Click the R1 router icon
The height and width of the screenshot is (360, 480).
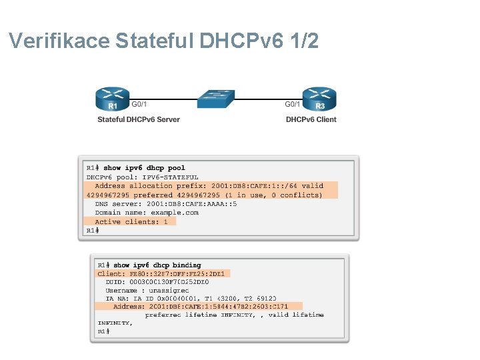point(113,99)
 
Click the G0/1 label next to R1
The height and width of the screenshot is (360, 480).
point(139,104)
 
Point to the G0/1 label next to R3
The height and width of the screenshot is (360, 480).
point(293,104)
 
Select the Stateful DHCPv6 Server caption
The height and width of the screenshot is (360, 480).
point(139,120)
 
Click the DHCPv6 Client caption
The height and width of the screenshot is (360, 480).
point(311,120)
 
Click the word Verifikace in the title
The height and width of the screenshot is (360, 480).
point(59,41)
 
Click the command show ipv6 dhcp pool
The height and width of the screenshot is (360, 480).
point(144,168)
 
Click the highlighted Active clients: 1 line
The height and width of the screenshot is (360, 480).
point(131,221)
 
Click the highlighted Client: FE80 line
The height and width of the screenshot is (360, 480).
point(163,273)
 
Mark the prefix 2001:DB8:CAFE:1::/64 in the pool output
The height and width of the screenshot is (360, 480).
point(256,186)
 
